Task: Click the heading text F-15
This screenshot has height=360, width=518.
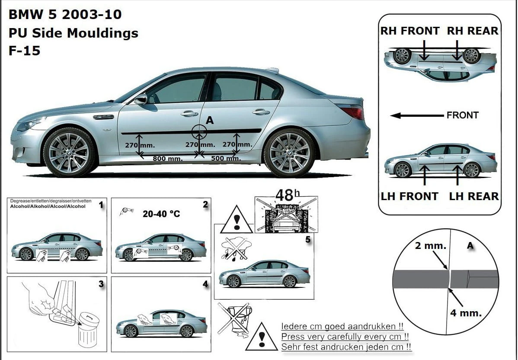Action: pyautogui.click(x=24, y=51)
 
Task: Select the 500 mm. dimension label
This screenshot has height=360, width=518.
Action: pyautogui.click(x=226, y=159)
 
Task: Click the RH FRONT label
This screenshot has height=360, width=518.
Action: pyautogui.click(x=410, y=31)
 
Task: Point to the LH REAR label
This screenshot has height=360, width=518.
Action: pyautogui.click(x=474, y=196)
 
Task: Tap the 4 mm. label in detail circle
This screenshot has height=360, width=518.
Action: pyautogui.click(x=466, y=313)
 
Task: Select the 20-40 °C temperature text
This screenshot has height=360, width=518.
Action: pyautogui.click(x=161, y=214)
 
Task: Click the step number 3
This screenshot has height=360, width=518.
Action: pyautogui.click(x=101, y=284)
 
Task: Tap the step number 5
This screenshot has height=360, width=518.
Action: pyautogui.click(x=308, y=239)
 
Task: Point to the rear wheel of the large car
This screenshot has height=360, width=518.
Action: pyautogui.click(x=290, y=153)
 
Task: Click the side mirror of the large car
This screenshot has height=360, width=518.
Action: pyautogui.click(x=141, y=100)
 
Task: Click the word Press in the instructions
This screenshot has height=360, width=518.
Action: pyautogui.click(x=291, y=337)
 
